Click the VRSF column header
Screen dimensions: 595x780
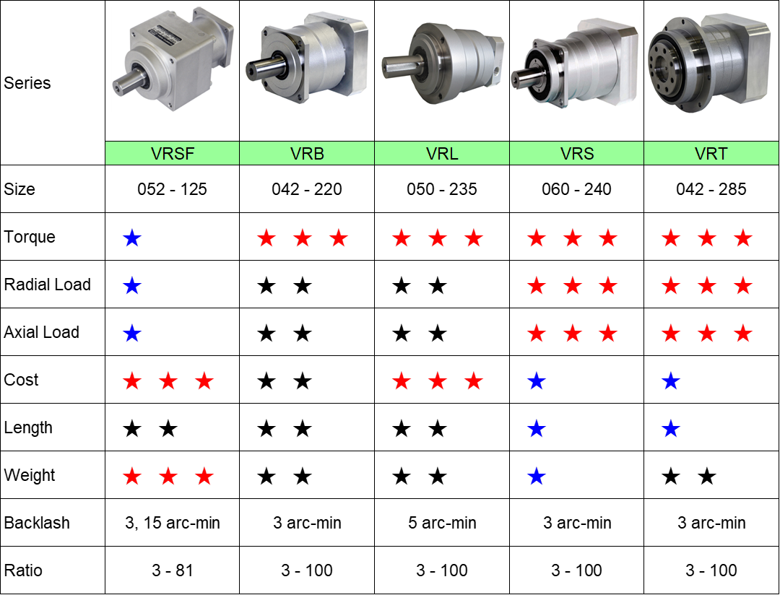(x=172, y=153)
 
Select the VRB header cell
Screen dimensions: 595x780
(x=307, y=153)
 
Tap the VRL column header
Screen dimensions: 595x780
(x=442, y=153)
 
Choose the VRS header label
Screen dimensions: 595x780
(x=576, y=153)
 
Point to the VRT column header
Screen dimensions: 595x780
(x=711, y=153)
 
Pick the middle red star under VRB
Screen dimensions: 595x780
(x=303, y=238)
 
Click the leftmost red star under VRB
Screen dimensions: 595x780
(x=266, y=238)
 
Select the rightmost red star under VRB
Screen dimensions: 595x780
(x=339, y=238)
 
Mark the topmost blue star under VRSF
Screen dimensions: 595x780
(x=131, y=238)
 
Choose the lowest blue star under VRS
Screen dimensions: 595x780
(x=536, y=477)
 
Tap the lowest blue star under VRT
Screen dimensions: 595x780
(x=671, y=429)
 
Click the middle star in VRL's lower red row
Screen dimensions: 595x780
(x=438, y=381)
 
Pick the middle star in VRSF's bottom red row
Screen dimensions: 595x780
(x=168, y=477)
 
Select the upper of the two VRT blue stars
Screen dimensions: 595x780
(x=671, y=381)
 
